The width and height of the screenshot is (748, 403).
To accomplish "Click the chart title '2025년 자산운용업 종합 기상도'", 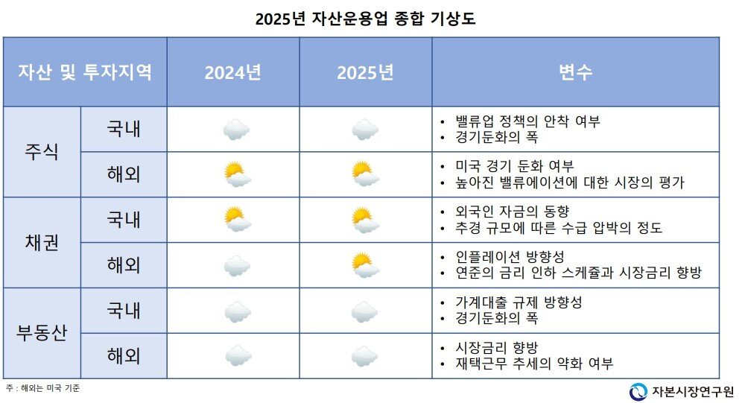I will tap(365, 19).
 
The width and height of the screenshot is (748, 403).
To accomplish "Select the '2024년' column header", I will tap(232, 72).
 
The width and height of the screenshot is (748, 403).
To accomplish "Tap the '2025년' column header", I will tap(365, 72).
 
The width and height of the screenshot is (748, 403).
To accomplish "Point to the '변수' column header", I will tap(575, 72).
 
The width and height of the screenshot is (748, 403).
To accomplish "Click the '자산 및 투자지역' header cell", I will tap(85, 72).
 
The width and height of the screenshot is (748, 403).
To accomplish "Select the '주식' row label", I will tap(42, 152).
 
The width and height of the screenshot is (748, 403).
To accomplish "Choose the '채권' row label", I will tap(42, 242).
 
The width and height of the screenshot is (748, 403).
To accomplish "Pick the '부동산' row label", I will tap(42, 333).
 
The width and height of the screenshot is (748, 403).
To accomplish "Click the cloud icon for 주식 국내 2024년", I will tap(236, 130).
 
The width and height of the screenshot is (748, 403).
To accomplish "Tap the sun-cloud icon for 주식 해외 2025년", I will tap(365, 174).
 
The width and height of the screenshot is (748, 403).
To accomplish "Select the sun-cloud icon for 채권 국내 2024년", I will tap(237, 220).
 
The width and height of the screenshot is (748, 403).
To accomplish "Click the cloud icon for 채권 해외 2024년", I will tap(237, 265).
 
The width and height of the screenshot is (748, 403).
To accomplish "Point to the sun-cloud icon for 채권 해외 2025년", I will tap(365, 265).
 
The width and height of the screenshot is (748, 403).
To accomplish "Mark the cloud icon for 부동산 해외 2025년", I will tap(365, 355).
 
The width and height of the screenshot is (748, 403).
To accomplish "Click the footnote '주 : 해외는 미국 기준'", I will tap(42, 388).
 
